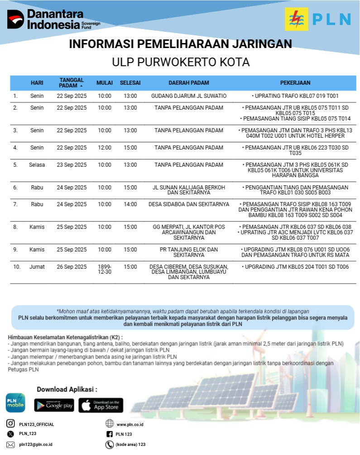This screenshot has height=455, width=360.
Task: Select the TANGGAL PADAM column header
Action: (x=72, y=83)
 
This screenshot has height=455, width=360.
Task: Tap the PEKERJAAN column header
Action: (x=295, y=83)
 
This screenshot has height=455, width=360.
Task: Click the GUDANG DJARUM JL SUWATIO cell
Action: (x=188, y=96)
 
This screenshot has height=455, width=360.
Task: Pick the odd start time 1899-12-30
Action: (x=104, y=270)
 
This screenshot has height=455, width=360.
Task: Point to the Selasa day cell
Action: (x=37, y=165)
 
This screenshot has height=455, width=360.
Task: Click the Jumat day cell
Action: (x=37, y=267)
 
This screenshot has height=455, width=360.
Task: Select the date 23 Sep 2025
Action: (x=72, y=165)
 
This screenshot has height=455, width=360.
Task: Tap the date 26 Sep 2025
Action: (x=72, y=267)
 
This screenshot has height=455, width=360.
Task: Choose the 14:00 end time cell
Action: (x=130, y=204)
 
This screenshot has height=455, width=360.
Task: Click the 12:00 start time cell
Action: (x=104, y=148)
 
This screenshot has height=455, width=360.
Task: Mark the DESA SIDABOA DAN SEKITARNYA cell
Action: (x=188, y=204)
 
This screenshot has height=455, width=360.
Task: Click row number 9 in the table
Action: (x=15, y=250)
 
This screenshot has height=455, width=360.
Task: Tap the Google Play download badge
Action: (x=54, y=405)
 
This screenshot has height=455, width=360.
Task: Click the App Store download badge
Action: (x=101, y=405)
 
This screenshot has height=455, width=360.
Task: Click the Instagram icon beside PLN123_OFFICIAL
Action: (x=10, y=424)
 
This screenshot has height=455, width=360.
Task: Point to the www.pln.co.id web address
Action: (x=130, y=425)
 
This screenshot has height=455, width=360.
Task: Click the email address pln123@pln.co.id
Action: (x=36, y=445)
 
